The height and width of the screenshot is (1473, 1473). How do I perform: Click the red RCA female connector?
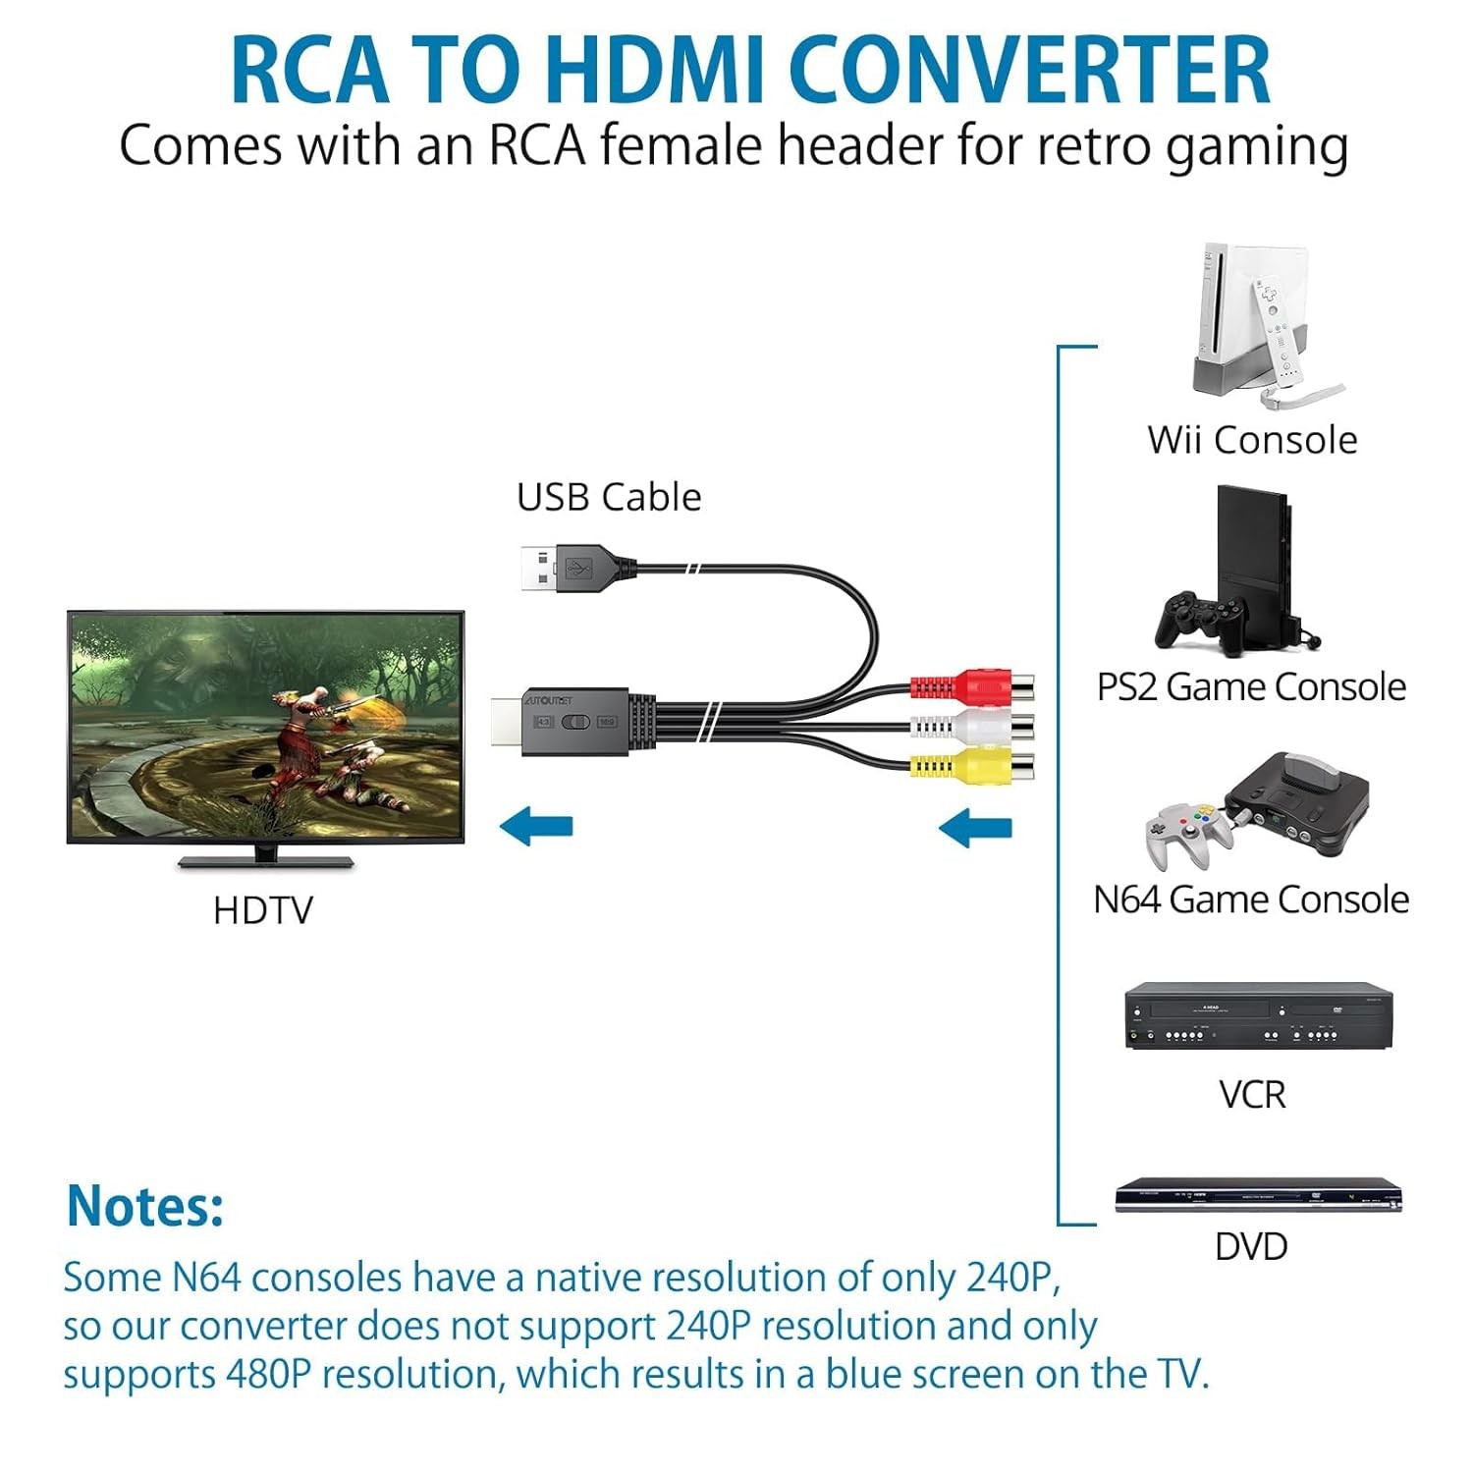click(x=972, y=684)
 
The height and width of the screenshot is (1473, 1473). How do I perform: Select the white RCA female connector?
click(x=972, y=726)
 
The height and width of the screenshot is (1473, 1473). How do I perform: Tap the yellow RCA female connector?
click(x=972, y=765)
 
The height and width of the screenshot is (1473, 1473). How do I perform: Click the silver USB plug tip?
click(x=536, y=569)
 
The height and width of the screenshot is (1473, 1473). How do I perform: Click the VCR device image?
click(x=1258, y=1015)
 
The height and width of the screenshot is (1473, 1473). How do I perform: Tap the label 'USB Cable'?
click(x=609, y=497)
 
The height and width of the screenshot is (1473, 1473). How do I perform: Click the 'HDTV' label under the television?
click(x=262, y=910)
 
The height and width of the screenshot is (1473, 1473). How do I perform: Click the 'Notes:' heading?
click(x=145, y=1205)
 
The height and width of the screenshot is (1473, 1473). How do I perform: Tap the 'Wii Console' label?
click(x=1252, y=440)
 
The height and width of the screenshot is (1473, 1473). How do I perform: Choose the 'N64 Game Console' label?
click(x=1251, y=900)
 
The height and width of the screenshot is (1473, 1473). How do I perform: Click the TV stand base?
click(x=265, y=861)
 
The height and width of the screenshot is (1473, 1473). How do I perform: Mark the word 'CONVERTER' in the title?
click(x=1029, y=71)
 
